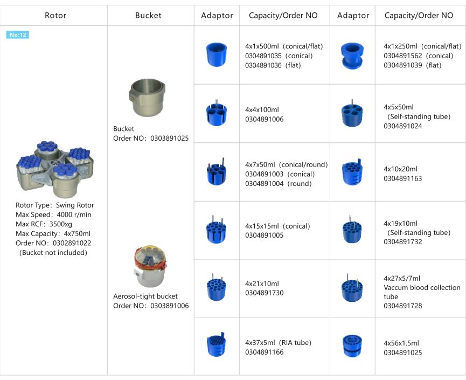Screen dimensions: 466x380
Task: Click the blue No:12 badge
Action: [18, 35]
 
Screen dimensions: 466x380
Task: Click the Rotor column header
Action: [55, 16]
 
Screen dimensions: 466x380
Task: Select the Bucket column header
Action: [148, 16]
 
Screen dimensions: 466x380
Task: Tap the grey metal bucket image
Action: [147, 98]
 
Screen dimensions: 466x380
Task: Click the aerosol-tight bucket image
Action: [150, 266]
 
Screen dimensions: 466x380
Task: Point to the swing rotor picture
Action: [55, 169]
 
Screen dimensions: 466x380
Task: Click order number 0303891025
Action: [169, 139]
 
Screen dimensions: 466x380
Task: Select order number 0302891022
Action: [72, 243]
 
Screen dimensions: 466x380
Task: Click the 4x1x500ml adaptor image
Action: [217, 54]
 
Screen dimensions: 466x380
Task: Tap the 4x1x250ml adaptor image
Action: [352, 56]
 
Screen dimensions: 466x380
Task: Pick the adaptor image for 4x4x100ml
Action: [217, 113]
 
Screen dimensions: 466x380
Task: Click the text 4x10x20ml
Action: [400, 169]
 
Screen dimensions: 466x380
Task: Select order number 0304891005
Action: [264, 235]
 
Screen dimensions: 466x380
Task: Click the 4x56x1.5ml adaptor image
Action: [352, 346]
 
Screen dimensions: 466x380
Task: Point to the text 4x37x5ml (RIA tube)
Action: [278, 342]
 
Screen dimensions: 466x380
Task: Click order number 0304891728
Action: [402, 306]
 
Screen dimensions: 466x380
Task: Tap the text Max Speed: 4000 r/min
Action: [53, 215]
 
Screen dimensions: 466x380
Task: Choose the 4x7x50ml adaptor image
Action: [217, 171]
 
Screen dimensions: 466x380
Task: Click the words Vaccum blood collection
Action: [422, 287]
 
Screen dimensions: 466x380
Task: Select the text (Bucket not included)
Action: [53, 252]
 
